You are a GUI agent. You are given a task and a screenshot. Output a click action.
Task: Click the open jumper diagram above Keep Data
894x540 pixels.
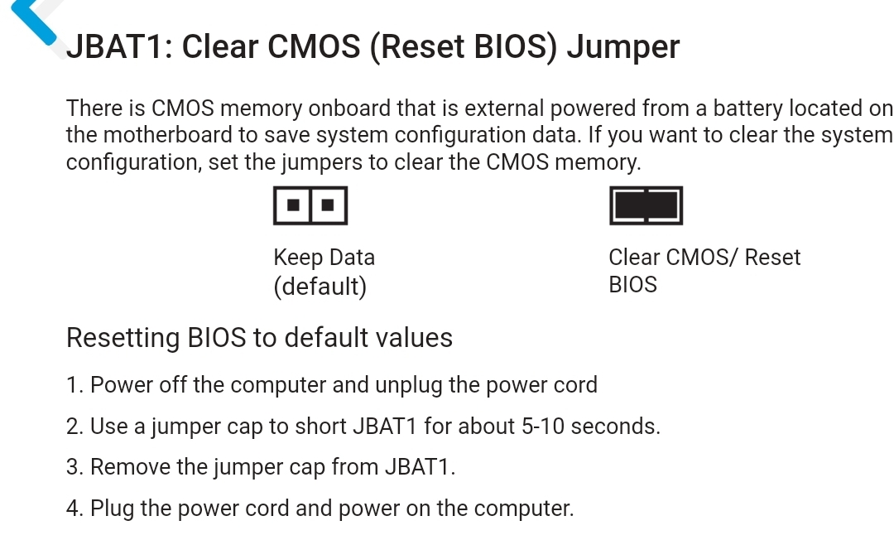click(310, 205)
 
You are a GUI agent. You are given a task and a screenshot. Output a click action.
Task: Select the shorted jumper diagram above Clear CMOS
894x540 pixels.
click(646, 205)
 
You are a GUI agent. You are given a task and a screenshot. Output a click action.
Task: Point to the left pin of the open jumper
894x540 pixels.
click(293, 205)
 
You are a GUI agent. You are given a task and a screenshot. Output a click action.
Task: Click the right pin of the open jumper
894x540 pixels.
click(328, 205)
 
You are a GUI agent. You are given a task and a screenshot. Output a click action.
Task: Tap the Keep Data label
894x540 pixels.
click(324, 258)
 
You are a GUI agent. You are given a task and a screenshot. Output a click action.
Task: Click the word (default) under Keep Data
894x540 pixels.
click(320, 287)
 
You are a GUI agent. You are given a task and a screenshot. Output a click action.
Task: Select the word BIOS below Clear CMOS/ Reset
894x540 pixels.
click(633, 285)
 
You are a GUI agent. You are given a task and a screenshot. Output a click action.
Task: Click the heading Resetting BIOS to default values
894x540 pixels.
click(259, 338)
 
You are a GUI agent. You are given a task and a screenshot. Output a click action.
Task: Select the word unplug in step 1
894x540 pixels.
click(409, 385)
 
